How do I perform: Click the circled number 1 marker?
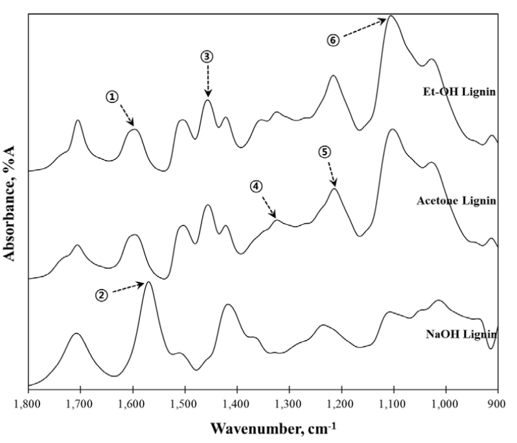pyautogui.click(x=113, y=97)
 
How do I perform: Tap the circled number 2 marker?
pyautogui.click(x=102, y=295)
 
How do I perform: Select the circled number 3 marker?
pyautogui.click(x=207, y=56)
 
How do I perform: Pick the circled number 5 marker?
pyautogui.click(x=325, y=152)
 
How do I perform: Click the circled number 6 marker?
pyautogui.click(x=332, y=40)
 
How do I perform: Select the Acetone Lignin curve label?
pyautogui.click(x=456, y=201)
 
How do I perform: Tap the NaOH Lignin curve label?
pyautogui.click(x=461, y=334)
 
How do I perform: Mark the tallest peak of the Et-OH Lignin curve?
pyautogui.click(x=391, y=16)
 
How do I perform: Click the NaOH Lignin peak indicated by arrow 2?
pyautogui.click(x=148, y=282)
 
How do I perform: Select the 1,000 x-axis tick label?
pyautogui.click(x=446, y=403)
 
